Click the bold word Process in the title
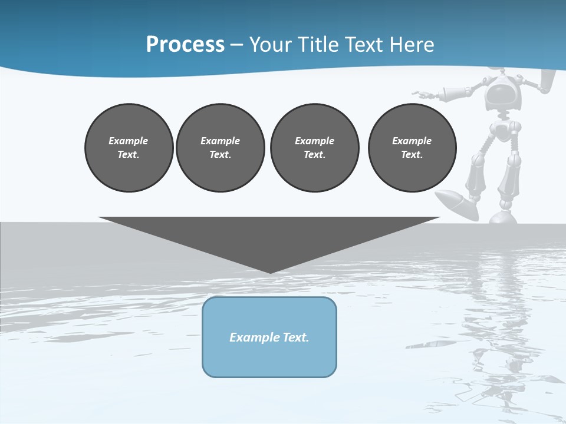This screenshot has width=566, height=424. coord(185,44)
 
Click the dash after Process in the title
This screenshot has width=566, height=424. coord(236,45)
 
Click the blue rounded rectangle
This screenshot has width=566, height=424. coord(269,359)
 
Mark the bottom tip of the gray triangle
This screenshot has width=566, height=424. coord(270,272)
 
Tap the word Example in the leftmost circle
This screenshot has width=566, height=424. coord(129,141)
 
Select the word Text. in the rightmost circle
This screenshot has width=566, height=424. coord(412,154)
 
